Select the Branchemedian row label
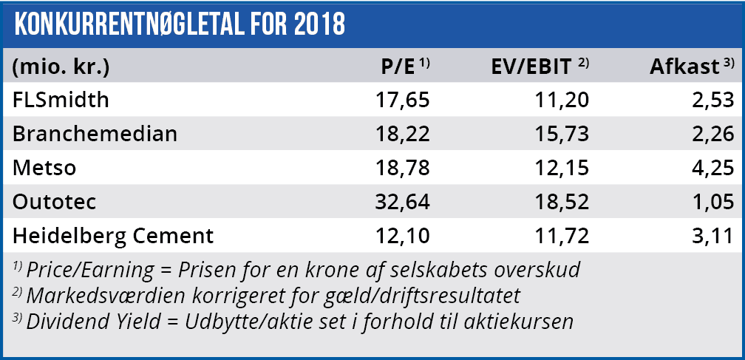pyautogui.click(x=95, y=134)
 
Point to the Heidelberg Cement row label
pyautogui.click(x=113, y=237)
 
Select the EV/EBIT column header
pyautogui.click(x=531, y=67)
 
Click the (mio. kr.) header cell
pyautogui.click(x=61, y=67)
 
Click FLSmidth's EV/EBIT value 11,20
pyautogui.click(x=563, y=100)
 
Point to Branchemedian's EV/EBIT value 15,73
pyautogui.click(x=563, y=134)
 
